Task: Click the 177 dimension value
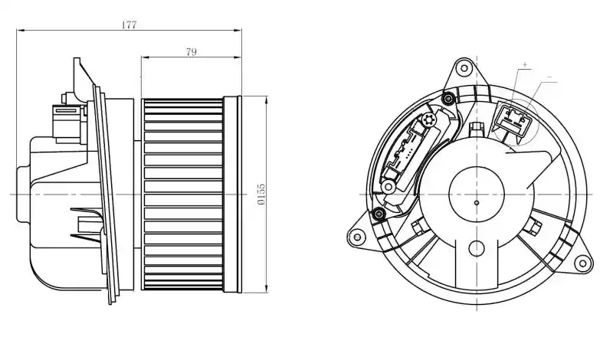[x=129, y=25]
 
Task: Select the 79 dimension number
[x=191, y=51]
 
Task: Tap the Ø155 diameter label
[x=261, y=195]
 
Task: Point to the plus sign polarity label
[x=525, y=64]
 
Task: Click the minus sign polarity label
[x=549, y=78]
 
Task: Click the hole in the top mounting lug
[x=464, y=69]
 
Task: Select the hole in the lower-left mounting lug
[x=356, y=237]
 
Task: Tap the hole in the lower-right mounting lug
[x=582, y=263]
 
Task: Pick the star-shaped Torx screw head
[x=428, y=120]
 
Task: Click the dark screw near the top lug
[x=448, y=98]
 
